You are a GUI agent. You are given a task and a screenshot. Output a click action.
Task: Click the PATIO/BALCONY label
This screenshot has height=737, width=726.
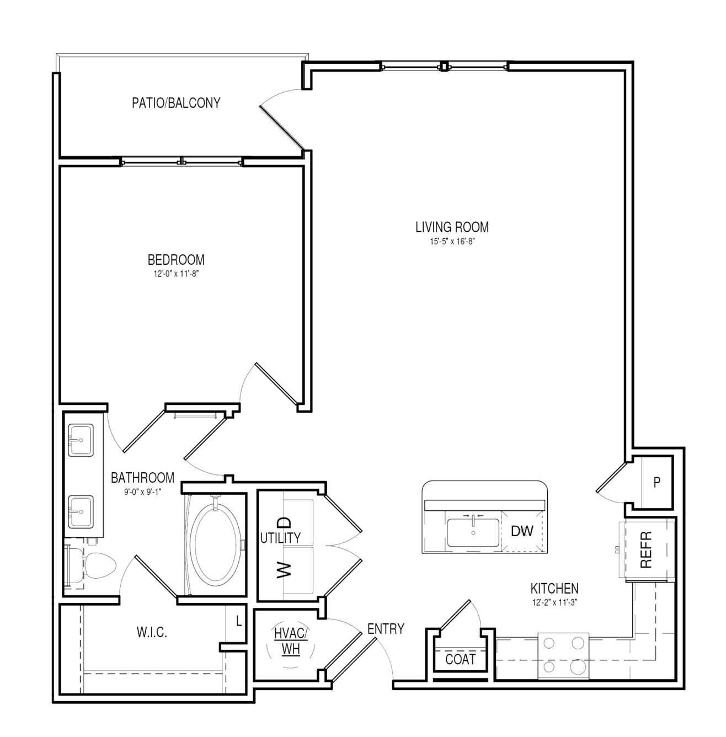176,103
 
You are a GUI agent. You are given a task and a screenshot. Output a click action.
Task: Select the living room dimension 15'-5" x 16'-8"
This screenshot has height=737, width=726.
452,241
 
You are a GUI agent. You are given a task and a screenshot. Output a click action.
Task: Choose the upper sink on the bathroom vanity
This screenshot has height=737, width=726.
81,440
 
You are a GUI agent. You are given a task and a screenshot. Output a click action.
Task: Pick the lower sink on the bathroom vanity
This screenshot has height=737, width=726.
81,512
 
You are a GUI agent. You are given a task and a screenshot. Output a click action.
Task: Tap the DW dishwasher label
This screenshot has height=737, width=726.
522,531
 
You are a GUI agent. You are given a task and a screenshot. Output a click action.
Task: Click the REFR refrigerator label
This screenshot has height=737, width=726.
645,549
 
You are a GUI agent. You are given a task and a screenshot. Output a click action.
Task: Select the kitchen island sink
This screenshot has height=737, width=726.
473,532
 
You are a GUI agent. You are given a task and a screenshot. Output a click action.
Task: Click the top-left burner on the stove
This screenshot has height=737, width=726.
549,643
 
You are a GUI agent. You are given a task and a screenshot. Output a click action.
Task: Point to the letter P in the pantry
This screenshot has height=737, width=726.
657,483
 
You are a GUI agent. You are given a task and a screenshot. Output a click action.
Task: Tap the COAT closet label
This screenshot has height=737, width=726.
461,659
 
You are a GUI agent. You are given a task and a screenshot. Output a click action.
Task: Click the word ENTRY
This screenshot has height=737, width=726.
386,629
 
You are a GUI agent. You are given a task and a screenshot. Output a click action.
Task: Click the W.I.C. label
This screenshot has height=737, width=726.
152,633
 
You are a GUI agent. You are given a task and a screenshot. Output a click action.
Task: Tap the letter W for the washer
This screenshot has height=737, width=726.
284,570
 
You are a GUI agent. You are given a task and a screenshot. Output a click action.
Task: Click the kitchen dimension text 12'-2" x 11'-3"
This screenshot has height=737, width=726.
554,602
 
